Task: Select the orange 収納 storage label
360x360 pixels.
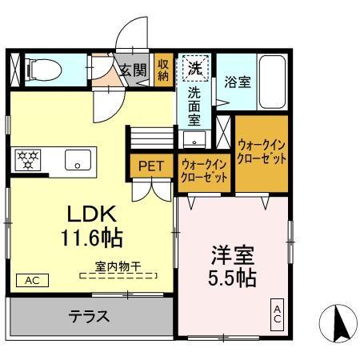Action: [x=163, y=70]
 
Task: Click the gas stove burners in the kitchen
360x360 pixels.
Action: [x=29, y=159]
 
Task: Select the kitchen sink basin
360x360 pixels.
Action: [x=78, y=159]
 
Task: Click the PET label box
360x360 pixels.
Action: [x=150, y=166]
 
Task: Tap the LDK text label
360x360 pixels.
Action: [x=91, y=214]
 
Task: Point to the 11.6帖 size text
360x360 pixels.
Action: [x=92, y=238]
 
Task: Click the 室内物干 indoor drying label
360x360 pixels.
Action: [x=118, y=268]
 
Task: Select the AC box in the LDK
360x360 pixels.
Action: [x=31, y=280]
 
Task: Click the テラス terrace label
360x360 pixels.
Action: [x=88, y=315]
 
